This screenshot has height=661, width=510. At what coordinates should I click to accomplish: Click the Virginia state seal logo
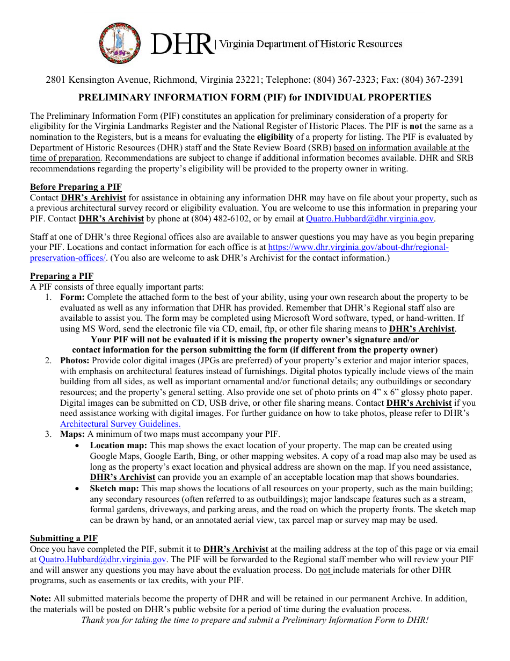tap(120, 44)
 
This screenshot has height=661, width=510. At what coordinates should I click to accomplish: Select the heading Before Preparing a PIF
tap(76, 187)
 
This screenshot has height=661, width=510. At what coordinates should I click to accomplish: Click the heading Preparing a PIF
tap(61, 276)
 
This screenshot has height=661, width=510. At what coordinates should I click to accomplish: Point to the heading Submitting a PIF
tap(63, 538)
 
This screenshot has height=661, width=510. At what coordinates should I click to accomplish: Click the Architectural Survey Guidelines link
tap(120, 424)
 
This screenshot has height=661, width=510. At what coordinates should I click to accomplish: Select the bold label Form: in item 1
tap(72, 297)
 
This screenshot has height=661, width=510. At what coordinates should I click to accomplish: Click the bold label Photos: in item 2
tap(75, 361)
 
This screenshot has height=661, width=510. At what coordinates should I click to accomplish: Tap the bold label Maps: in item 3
tap(72, 434)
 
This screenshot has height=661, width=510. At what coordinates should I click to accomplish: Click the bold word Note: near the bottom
tap(41, 599)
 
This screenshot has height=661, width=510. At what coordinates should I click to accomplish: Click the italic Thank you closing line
tap(254, 620)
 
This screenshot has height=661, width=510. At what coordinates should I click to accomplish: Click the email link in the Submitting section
tap(103, 559)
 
